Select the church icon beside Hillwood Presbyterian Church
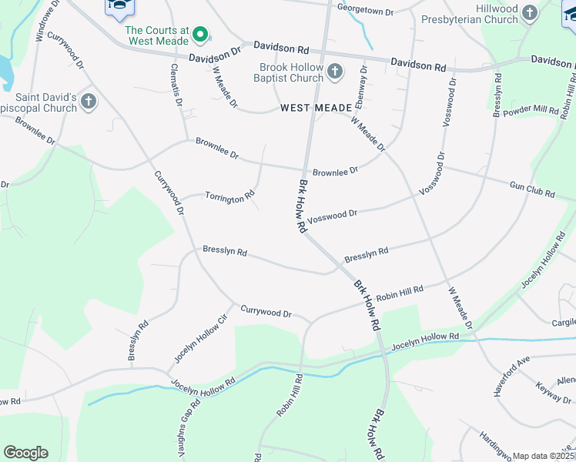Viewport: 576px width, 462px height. pyautogui.click(x=529, y=12)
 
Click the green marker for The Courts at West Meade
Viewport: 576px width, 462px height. pyautogui.click(x=200, y=33)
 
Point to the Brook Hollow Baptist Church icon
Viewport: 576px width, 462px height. pyautogui.click(x=334, y=72)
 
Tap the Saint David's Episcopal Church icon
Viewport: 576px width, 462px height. pyautogui.click(x=89, y=101)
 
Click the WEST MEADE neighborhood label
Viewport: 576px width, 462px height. pyautogui.click(x=316, y=109)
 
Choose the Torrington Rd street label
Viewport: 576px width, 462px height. pyautogui.click(x=229, y=197)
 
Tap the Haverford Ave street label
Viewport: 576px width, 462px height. pyautogui.click(x=512, y=376)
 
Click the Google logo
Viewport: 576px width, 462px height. pyautogui.click(x=25, y=453)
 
